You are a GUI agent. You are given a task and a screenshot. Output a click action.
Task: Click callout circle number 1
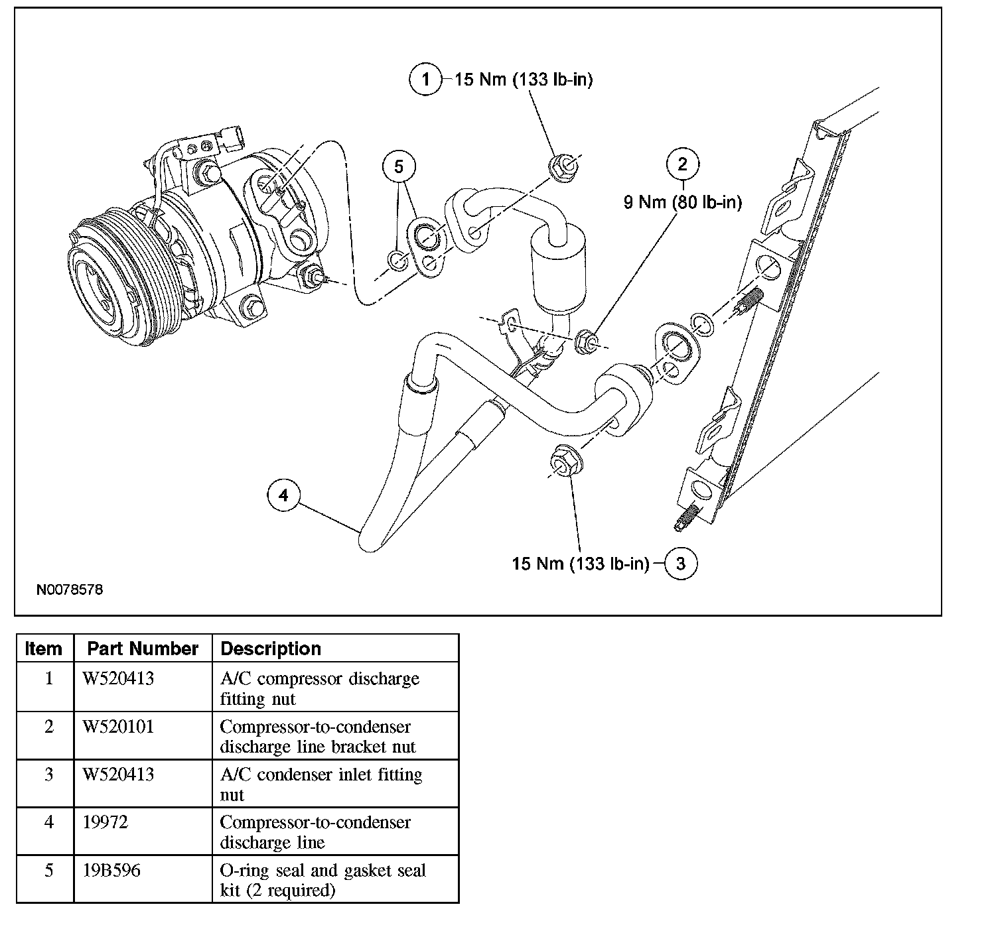(x=425, y=79)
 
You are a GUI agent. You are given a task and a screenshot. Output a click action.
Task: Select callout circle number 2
(x=682, y=164)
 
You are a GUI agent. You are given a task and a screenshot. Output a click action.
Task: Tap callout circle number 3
(x=681, y=563)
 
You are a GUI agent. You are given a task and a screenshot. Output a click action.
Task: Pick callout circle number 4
(x=283, y=495)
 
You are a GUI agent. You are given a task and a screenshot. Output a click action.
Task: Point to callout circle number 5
(x=399, y=166)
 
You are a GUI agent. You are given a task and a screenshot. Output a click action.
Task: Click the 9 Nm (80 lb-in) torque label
(x=682, y=202)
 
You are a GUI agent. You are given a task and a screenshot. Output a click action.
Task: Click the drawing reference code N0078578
(x=70, y=590)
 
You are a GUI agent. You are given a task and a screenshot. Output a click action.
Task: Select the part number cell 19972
(x=106, y=822)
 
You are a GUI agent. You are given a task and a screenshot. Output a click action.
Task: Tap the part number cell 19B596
(x=111, y=870)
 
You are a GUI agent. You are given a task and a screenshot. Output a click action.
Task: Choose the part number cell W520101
(x=118, y=727)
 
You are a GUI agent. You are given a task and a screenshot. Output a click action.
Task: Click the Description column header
(x=271, y=649)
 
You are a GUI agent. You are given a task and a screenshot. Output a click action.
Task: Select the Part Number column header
(x=143, y=649)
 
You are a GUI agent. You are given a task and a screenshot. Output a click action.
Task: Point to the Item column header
(x=44, y=649)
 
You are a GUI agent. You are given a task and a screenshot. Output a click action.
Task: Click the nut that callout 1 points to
(x=563, y=168)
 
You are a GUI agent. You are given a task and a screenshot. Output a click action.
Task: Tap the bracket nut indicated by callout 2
(x=585, y=342)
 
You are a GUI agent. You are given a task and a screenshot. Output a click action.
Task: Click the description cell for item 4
(x=315, y=832)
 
